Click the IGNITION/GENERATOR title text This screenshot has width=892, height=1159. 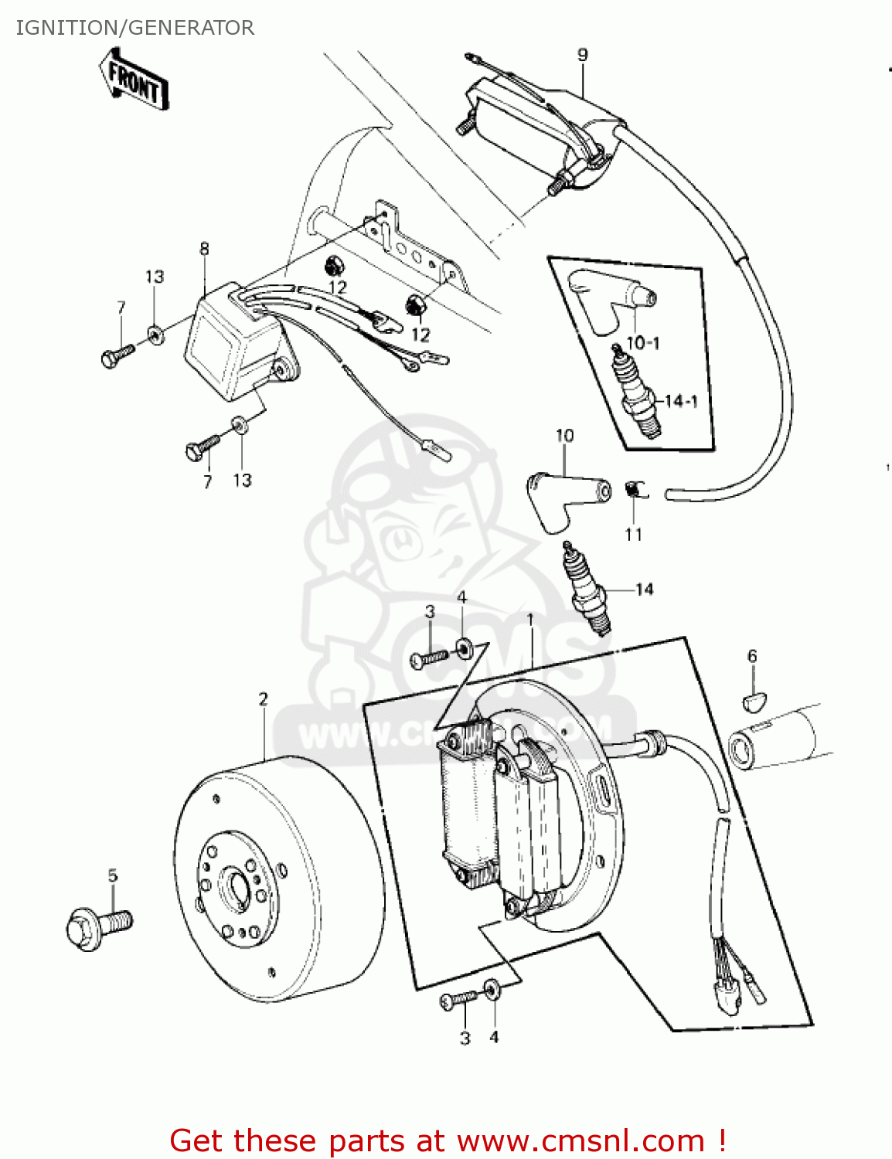tap(135, 28)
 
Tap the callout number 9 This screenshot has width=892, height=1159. tap(582, 55)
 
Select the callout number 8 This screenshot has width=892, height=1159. tap(204, 249)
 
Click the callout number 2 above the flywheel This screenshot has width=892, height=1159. tap(263, 699)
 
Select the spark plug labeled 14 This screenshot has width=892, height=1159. tap(587, 590)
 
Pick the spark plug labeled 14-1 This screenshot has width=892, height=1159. tap(638, 394)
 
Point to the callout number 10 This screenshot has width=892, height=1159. tap(564, 436)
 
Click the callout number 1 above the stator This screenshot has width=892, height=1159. tap(530, 620)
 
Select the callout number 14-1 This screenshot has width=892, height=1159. tap(681, 401)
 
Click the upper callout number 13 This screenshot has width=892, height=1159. tap(155, 277)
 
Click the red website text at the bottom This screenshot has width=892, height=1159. tap(447, 1140)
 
